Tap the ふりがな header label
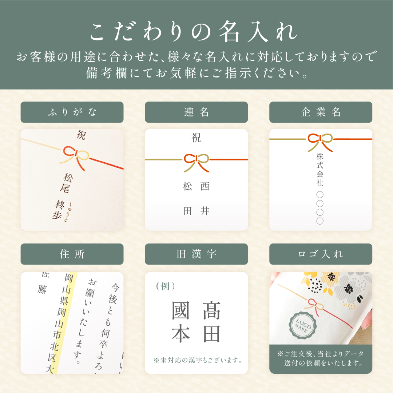click(72, 112)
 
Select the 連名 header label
click(196, 112)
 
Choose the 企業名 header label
click(321, 112)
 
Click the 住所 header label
click(72, 254)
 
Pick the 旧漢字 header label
click(196, 254)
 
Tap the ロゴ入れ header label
click(321, 254)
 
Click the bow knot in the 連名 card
click(196, 160)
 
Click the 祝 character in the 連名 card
click(196, 138)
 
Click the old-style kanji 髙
click(212, 311)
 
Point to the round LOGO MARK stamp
click(301, 324)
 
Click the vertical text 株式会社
click(320, 170)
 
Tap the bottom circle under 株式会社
click(320, 221)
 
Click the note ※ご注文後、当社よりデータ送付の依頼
click(321, 358)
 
